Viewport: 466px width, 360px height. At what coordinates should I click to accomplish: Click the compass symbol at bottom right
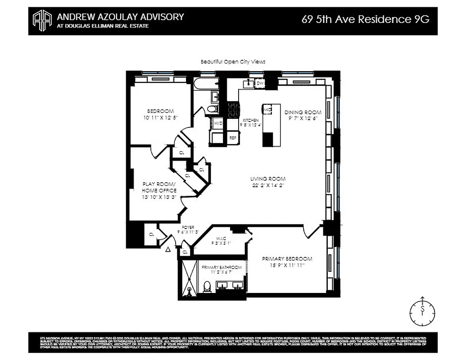click(x=422, y=310)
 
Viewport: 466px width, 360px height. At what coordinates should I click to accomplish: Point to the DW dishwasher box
click(x=260, y=83)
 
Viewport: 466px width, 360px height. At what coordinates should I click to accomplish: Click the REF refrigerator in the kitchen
click(x=233, y=138)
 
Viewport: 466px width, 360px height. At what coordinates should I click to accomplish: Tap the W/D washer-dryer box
click(x=218, y=123)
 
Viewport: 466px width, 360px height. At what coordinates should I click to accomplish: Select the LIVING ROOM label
click(x=269, y=179)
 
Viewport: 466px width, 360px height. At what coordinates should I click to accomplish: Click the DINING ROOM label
click(x=303, y=112)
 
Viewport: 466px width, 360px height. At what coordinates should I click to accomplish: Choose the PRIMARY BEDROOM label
click(x=287, y=259)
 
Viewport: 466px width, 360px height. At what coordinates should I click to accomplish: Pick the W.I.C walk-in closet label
click(x=221, y=239)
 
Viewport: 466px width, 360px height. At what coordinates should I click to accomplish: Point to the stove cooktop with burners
click(x=233, y=110)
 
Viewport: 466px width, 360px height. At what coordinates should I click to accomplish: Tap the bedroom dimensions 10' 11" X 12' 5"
click(x=160, y=118)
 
